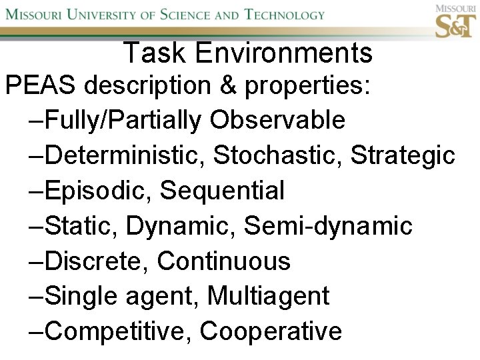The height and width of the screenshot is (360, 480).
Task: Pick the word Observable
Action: click(277, 121)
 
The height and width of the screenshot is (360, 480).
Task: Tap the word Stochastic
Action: click(278, 156)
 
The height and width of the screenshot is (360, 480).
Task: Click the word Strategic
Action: click(403, 156)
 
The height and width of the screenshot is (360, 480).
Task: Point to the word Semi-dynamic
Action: click(329, 226)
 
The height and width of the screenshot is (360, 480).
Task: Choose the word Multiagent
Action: click(269, 296)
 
